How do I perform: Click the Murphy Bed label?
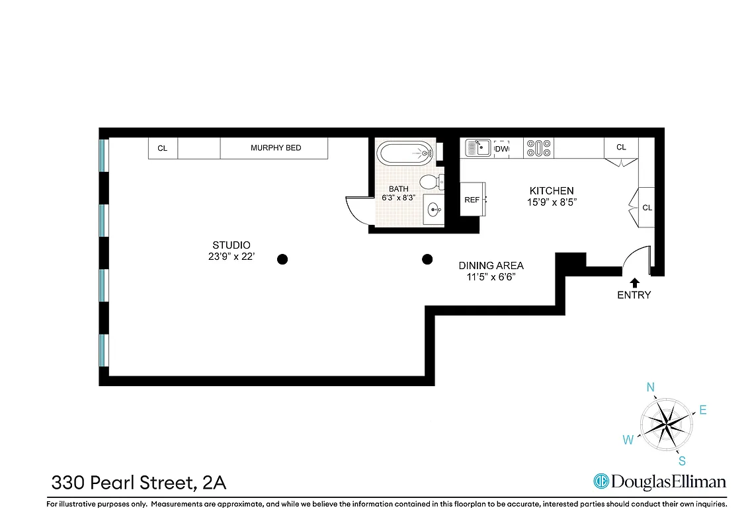click(x=275, y=148)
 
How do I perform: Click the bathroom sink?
click(x=434, y=210)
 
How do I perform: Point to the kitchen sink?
click(x=478, y=148)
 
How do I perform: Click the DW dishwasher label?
click(x=501, y=149)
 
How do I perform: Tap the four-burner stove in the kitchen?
click(x=539, y=148)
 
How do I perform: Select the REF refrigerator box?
click(x=472, y=200)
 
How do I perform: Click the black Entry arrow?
click(x=634, y=282)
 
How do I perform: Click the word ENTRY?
click(x=634, y=295)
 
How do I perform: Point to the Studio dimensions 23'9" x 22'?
click(x=229, y=257)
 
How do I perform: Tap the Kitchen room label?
click(x=552, y=190)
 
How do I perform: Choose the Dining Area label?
click(x=491, y=266)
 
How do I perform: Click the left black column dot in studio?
click(x=282, y=259)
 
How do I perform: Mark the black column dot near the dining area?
click(x=427, y=259)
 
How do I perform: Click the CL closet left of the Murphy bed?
click(x=163, y=149)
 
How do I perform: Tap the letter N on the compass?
click(x=651, y=387)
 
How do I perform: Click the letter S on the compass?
click(x=682, y=461)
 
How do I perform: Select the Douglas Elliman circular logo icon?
click(x=601, y=481)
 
